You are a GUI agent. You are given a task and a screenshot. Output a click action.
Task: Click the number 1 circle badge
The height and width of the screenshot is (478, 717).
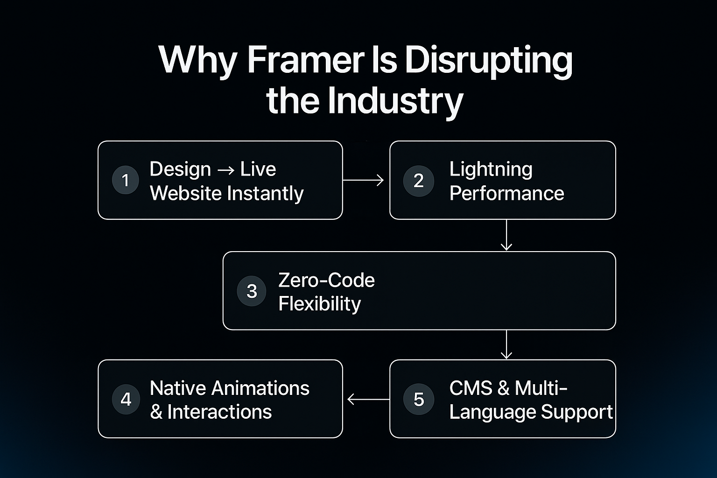click(125, 180)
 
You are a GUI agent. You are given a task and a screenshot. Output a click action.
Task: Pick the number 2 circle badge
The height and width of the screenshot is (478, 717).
click(419, 181)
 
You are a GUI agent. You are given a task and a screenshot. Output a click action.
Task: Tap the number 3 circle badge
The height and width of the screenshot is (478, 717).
click(252, 291)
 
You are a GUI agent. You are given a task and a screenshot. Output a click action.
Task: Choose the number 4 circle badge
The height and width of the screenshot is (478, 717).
click(126, 399)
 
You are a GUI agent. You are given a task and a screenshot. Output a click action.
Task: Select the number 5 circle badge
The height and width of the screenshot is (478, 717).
click(419, 399)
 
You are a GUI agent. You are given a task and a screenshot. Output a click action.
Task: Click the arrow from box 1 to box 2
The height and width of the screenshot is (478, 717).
click(363, 180)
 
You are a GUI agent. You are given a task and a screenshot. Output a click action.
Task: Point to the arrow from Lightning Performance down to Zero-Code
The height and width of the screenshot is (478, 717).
click(506, 235)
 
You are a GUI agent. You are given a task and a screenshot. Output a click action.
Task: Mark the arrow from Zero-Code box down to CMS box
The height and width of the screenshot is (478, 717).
click(506, 344)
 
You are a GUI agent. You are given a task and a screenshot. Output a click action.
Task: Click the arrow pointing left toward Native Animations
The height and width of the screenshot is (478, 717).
click(368, 399)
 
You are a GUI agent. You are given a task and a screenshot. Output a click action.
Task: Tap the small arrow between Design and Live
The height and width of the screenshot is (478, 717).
click(225, 170)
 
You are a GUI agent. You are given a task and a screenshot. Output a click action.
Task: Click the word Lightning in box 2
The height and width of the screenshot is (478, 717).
click(491, 169)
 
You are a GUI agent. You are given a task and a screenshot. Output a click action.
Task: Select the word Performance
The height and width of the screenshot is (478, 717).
click(506, 193)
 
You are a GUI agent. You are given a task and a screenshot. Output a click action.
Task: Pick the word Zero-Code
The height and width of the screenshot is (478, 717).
click(326, 280)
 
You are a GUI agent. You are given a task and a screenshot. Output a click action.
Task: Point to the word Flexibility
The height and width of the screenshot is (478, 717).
click(319, 304)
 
